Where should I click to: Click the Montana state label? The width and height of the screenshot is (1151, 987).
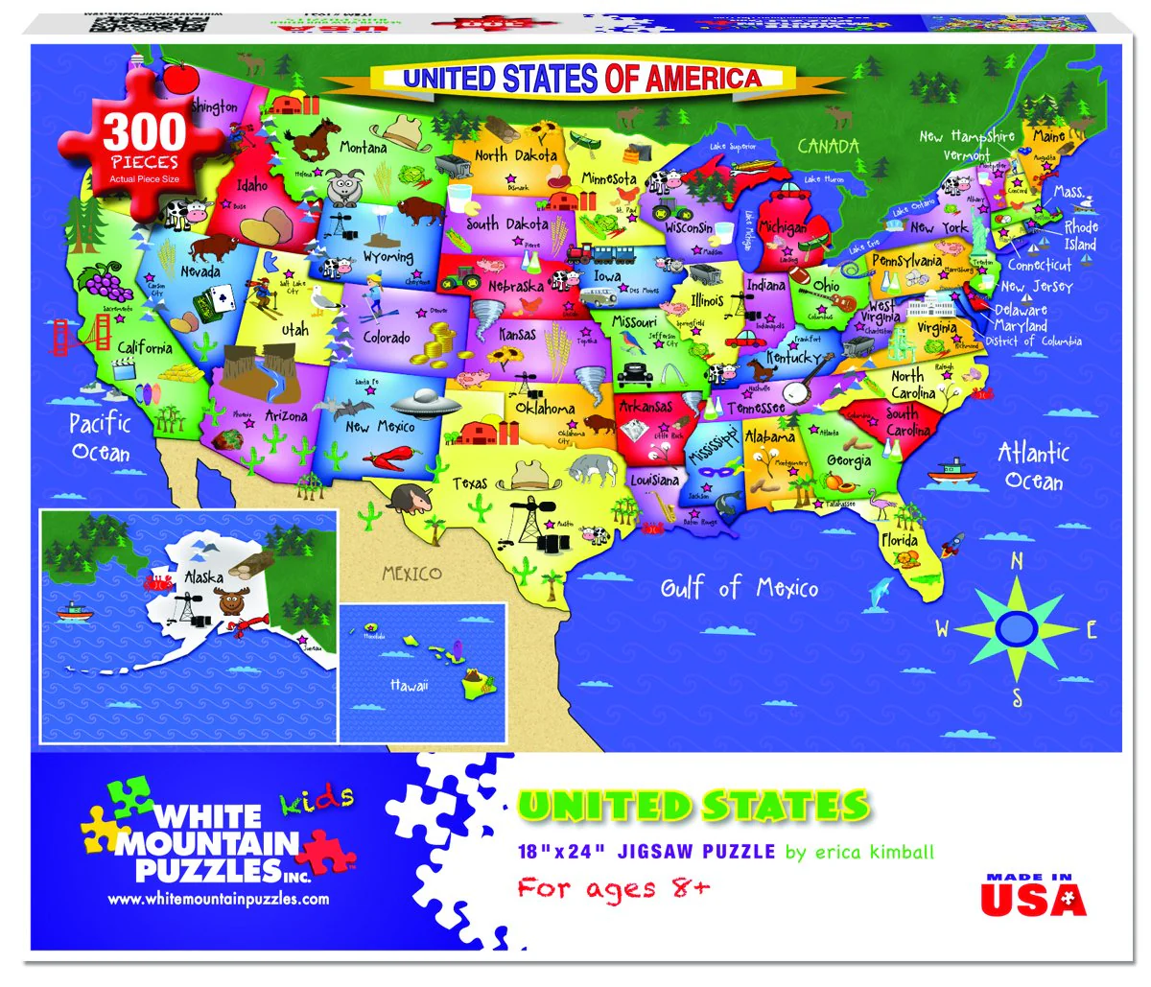[x=364, y=148]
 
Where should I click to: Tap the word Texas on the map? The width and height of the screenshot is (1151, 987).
[x=470, y=483]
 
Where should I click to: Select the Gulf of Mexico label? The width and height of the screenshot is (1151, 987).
[x=739, y=587]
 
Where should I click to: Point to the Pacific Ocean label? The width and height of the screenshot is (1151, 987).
[x=100, y=436]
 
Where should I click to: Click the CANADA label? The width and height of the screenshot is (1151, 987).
[x=828, y=146]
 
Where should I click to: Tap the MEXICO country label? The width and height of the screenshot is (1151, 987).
[x=411, y=574]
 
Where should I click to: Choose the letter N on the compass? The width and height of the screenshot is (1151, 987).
[x=1017, y=561]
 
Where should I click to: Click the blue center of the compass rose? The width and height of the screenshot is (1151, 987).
[x=1016, y=628]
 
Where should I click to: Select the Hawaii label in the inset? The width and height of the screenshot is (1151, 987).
[x=410, y=685]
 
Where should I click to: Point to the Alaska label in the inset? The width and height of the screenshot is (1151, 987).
[x=203, y=577]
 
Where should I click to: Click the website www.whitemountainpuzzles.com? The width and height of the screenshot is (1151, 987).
[x=218, y=899]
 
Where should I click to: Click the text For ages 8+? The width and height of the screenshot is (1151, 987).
[x=614, y=887]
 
